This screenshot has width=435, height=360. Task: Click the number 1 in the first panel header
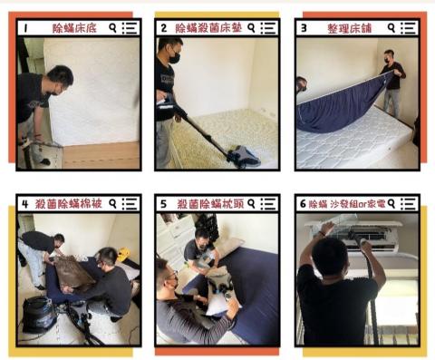(26, 28)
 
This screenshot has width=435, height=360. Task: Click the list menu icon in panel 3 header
(408, 28)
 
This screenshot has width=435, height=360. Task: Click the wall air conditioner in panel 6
(362, 237)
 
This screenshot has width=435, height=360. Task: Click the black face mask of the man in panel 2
(174, 55)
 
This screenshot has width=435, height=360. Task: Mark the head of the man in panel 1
(59, 79)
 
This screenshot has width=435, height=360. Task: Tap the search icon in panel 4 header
(110, 204)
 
